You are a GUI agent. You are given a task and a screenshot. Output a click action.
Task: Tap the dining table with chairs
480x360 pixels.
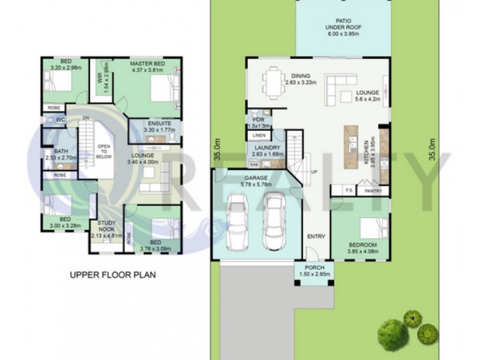[x=273, y=82]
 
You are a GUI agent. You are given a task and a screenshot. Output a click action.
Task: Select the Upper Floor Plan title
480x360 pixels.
[x=112, y=275]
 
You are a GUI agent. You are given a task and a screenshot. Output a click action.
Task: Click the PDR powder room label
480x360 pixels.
[x=259, y=119]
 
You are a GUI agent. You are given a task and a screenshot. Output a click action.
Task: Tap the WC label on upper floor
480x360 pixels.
[x=61, y=120]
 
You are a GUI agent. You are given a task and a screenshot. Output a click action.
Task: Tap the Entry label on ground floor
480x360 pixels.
[x=316, y=236]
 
